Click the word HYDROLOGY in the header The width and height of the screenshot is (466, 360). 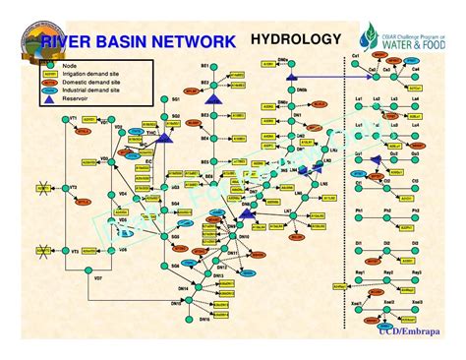296,40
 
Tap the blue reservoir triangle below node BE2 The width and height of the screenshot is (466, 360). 209,99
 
